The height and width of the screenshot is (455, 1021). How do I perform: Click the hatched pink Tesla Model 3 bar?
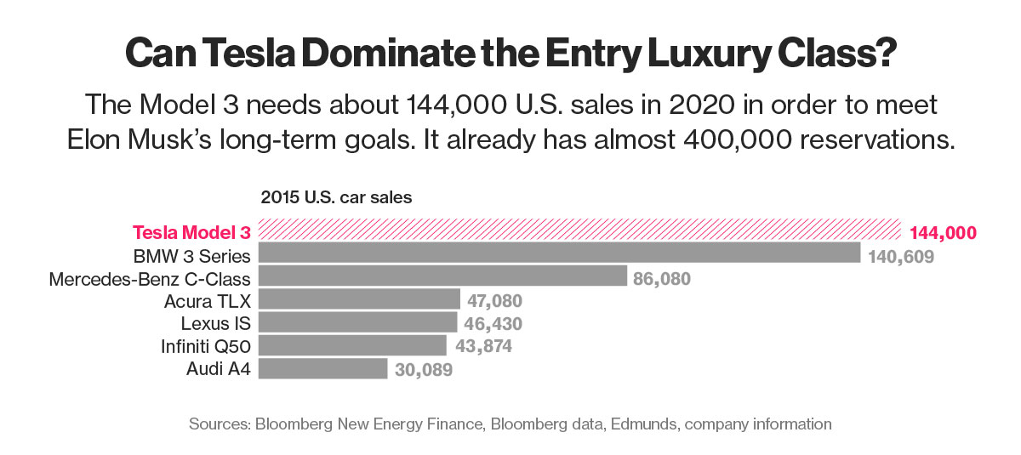tap(579, 231)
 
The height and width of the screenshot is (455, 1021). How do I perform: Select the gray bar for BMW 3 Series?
tap(559, 254)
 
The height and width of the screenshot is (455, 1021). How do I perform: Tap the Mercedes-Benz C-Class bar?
tap(442, 277)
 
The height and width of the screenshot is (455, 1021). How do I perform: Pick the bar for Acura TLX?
tap(359, 300)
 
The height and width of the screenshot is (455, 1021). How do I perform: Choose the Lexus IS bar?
tap(357, 323)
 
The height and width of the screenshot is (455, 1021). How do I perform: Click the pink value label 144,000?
tap(943, 232)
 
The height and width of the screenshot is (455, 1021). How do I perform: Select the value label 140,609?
tap(901, 255)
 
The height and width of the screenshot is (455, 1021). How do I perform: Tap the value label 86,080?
tap(662, 278)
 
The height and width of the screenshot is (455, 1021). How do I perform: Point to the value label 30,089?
tap(423, 370)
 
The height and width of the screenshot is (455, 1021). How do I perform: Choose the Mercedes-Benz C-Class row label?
tap(150, 278)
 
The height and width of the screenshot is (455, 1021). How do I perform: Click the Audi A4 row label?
tap(218, 370)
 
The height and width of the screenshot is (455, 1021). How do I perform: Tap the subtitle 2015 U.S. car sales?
tap(335, 197)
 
